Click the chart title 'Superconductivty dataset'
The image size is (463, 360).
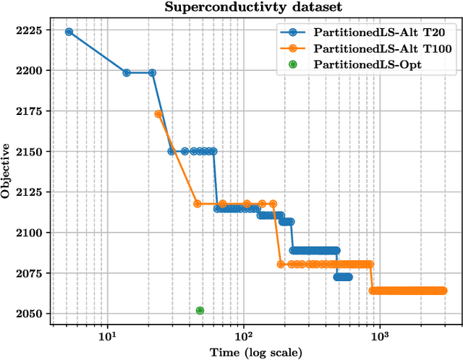253,8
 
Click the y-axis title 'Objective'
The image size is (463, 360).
7,171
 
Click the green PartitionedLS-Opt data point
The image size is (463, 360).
200,311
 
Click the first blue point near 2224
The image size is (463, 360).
69,32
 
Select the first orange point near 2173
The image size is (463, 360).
158,113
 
